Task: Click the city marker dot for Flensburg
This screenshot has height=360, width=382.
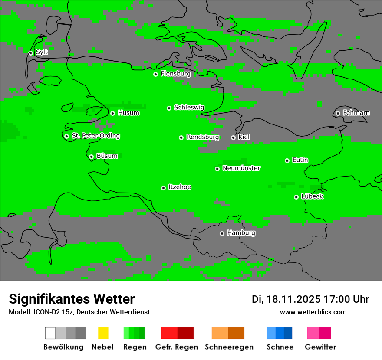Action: point(155,74)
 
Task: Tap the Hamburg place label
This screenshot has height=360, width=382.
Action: point(241,233)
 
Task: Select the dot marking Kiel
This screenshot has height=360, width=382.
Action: point(233,137)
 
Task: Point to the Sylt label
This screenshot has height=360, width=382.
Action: point(42,52)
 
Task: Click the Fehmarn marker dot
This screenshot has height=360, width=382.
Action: point(338,113)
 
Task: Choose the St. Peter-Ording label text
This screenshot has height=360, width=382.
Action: point(95,136)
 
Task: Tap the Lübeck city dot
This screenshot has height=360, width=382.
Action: point(296,197)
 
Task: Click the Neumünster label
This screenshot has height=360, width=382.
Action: point(241,168)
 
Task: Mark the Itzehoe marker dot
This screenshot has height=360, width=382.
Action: point(163,188)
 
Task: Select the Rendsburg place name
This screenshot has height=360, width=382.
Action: point(203,137)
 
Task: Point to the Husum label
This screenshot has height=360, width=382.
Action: point(128,113)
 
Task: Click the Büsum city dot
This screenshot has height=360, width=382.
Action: point(91,157)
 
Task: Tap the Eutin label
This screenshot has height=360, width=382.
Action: point(300,160)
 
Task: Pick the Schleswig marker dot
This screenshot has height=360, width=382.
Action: point(169,108)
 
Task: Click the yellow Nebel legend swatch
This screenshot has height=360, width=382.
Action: point(103,333)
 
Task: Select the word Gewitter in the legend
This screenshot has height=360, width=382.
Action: point(320,347)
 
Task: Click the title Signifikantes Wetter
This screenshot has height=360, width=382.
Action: point(72,299)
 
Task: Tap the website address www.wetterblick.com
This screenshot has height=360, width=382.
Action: point(313,312)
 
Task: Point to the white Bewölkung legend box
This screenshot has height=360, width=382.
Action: point(50,333)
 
